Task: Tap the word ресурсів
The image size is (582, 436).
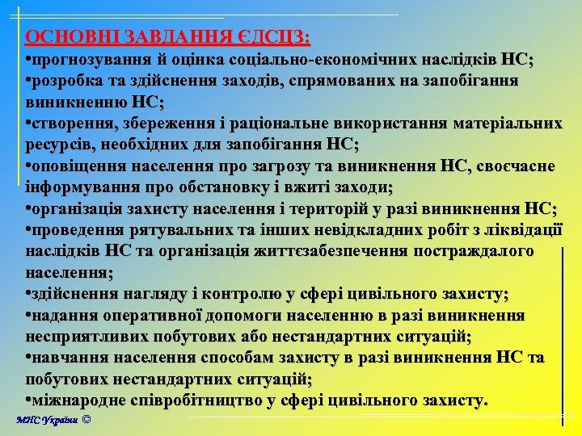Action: tap(60, 145)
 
